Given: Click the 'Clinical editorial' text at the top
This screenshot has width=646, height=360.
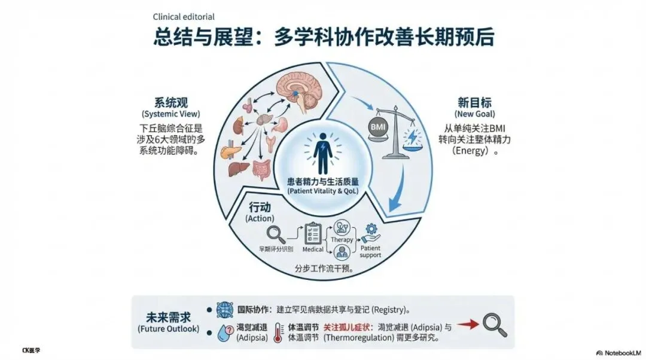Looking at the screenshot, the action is tap(184, 17).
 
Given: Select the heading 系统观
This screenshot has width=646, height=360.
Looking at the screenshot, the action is tap(170, 102).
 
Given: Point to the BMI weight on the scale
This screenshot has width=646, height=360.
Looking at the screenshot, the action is tap(379, 127).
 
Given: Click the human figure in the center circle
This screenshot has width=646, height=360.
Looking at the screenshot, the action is tap(323, 150).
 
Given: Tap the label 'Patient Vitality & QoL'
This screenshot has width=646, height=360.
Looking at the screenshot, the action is tap(323, 191).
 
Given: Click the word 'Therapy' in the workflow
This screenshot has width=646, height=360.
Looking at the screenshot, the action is tap(342, 239).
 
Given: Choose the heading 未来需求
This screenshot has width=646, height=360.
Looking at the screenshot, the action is tap(169, 317).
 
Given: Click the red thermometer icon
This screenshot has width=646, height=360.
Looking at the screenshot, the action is tap(278, 332).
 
